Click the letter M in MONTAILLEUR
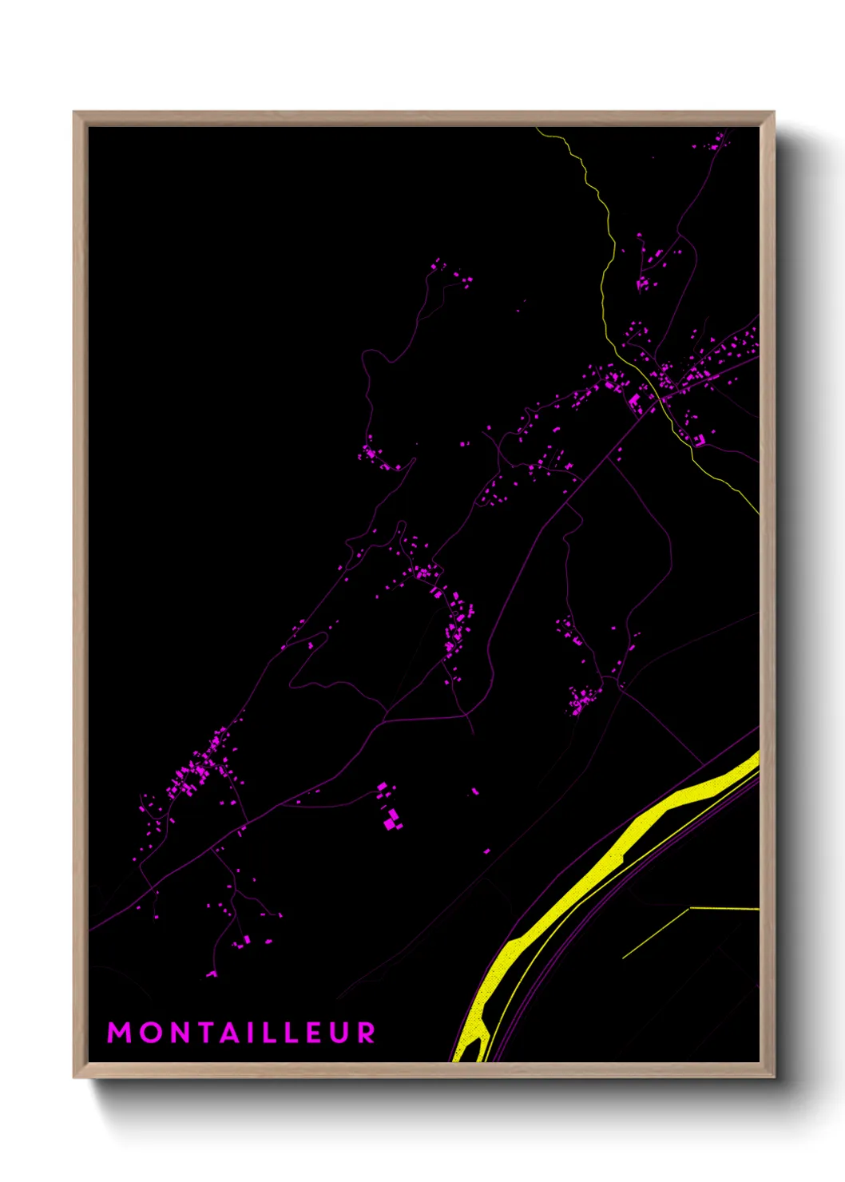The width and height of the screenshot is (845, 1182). point(119,1032)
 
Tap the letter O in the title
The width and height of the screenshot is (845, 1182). point(151,1032)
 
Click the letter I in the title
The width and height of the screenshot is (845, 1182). point(254,1032)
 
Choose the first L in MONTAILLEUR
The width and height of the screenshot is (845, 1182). point(272,1032)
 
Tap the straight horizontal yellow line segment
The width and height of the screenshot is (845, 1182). point(723,908)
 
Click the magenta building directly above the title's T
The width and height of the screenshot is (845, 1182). point(212,974)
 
